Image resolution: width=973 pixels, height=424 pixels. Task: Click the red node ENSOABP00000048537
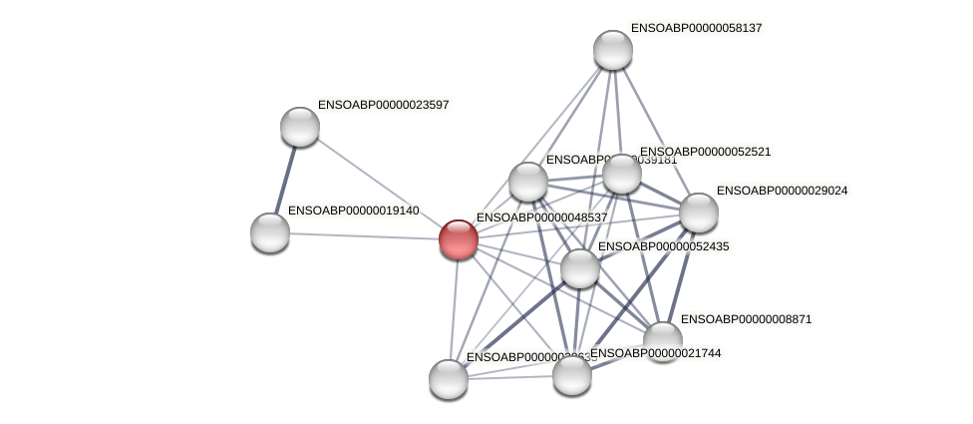tap(459, 239)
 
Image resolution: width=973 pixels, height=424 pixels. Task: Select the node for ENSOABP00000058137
tap(613, 50)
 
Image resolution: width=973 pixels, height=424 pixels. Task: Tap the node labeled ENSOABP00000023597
tap(300, 127)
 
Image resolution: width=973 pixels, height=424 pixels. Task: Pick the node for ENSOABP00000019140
tap(270, 232)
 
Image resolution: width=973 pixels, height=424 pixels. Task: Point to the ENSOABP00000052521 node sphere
tap(622, 174)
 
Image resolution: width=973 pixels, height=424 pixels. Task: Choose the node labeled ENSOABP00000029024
tap(699, 212)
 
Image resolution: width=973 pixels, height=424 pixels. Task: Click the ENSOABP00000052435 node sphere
tap(580, 268)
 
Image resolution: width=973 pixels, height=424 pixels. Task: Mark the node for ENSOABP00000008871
tap(663, 341)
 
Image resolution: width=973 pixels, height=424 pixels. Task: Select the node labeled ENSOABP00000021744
tap(572, 375)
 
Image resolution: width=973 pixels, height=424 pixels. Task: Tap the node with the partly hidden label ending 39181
tap(528, 182)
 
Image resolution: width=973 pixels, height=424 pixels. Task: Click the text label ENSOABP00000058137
tap(697, 28)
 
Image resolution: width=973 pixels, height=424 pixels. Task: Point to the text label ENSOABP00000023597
tap(384, 105)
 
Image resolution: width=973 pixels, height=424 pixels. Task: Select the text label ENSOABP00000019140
tap(354, 211)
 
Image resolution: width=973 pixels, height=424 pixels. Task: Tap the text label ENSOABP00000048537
tap(541, 217)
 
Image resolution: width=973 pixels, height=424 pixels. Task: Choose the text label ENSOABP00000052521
tap(705, 152)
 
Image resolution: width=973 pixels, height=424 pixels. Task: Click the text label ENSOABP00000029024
tap(783, 191)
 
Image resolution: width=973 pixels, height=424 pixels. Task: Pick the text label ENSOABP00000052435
tap(663, 246)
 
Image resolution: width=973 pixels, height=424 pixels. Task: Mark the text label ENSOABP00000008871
tap(746, 319)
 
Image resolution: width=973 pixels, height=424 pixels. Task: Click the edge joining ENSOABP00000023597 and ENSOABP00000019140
tap(285, 180)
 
